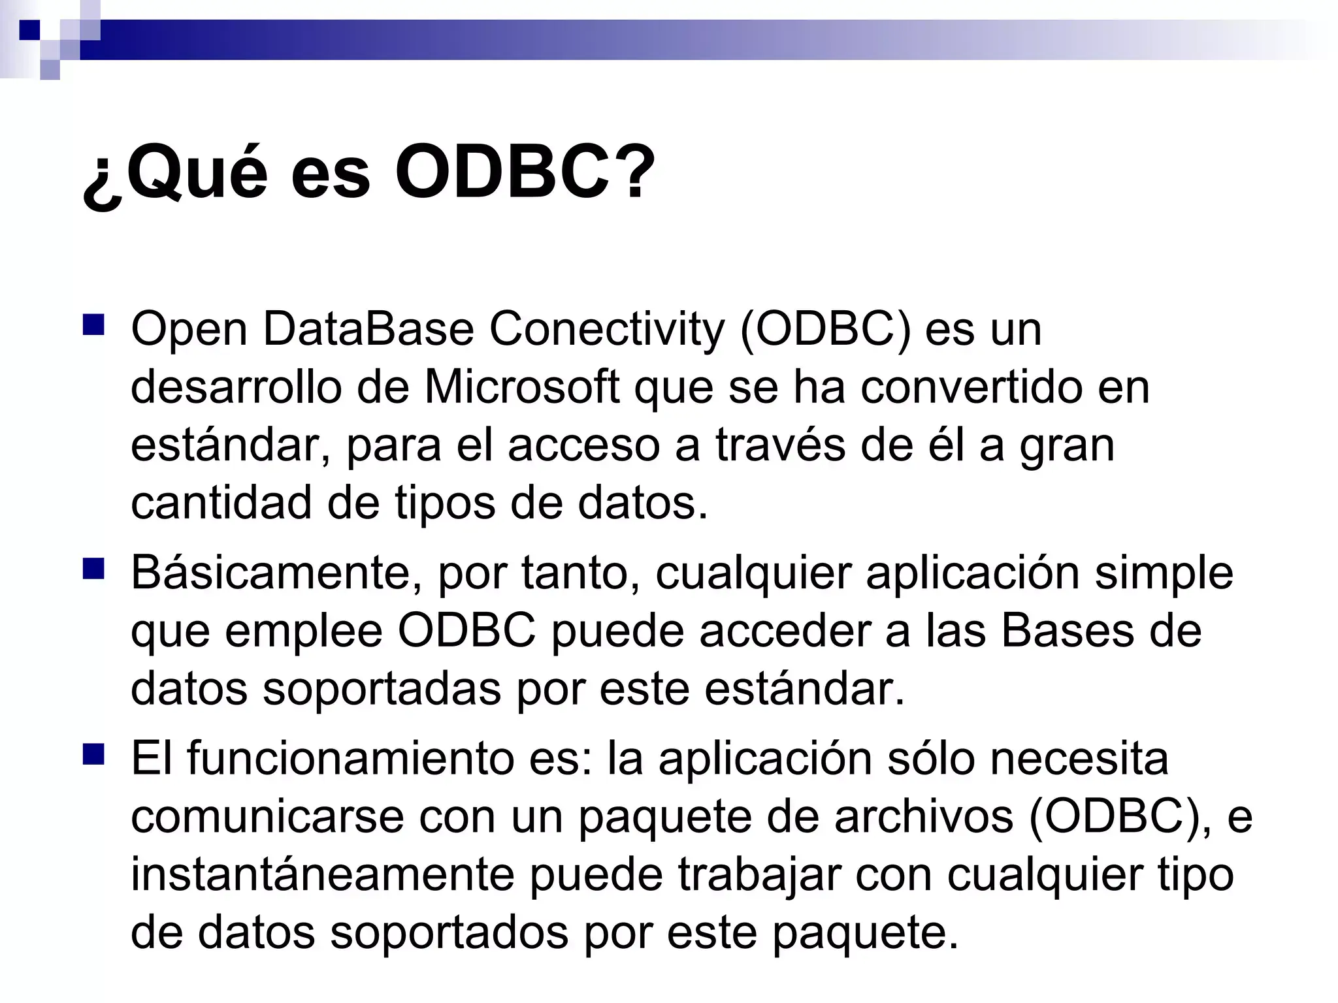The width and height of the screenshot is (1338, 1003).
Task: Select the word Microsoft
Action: (x=522, y=387)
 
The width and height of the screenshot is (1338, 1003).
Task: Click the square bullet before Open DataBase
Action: (x=93, y=325)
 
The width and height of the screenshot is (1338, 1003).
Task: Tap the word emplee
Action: (x=303, y=632)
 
